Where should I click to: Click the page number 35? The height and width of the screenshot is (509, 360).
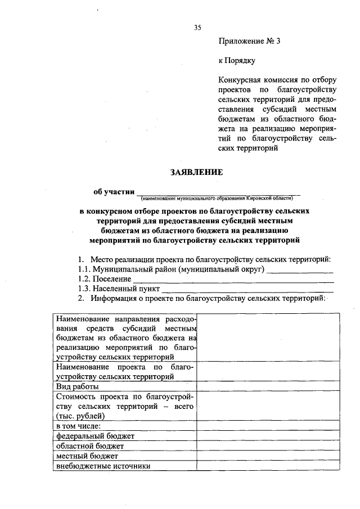(x=197, y=27)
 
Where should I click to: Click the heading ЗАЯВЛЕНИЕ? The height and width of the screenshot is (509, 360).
(x=196, y=173)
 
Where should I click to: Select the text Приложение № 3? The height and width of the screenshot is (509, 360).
(x=248, y=41)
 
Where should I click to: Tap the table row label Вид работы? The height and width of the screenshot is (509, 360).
(x=78, y=387)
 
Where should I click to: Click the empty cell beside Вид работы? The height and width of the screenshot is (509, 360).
(x=268, y=387)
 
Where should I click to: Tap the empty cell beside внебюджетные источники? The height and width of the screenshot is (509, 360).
(x=268, y=466)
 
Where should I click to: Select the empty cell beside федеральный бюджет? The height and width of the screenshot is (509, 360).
(x=268, y=435)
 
